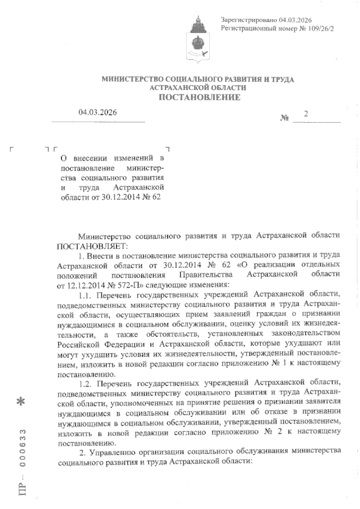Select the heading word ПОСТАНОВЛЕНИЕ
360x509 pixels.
[199, 97]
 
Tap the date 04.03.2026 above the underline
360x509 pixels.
[98, 113]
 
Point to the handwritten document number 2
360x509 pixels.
[306, 114]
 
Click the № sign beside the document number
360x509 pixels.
[284, 118]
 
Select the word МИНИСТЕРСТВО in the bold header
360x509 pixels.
[133, 80]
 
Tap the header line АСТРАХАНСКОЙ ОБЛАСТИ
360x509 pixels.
[198, 88]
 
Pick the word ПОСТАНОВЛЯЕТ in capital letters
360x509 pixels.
[92, 246]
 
